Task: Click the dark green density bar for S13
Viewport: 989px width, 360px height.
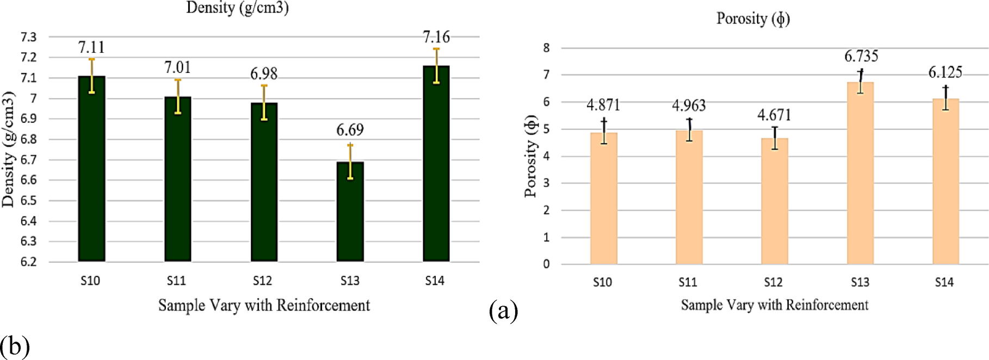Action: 350,212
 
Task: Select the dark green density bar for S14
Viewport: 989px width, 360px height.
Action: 436,163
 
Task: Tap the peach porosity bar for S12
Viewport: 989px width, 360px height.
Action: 774,201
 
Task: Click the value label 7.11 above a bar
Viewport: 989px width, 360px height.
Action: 91,47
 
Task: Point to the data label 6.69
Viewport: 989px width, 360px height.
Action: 350,130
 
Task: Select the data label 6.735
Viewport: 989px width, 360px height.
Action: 861,56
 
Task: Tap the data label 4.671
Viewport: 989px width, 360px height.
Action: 774,115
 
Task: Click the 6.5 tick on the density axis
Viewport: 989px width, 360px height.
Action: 28,201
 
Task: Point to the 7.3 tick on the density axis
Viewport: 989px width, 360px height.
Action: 28,37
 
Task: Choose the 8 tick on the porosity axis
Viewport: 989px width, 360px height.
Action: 546,48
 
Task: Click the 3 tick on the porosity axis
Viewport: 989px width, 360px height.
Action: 546,183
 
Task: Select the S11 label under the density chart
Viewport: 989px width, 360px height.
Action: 176,281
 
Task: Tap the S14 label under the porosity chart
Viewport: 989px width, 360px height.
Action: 944,282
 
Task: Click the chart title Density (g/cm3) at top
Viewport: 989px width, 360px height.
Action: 237,8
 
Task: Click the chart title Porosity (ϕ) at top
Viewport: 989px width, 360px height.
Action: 753,18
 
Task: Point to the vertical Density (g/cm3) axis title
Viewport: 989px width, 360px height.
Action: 8,149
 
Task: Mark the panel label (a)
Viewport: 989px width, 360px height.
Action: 503,311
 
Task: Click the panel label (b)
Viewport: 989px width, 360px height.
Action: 15,346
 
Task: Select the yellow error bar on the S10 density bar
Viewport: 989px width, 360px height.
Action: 91,76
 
